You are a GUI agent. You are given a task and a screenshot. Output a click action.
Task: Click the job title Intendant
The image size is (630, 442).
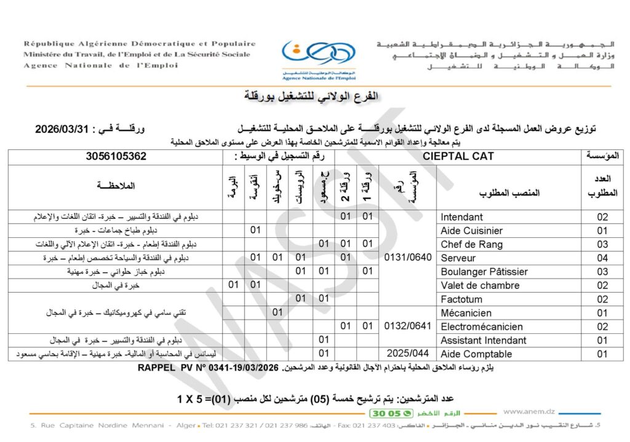pyautogui.click(x=461, y=217)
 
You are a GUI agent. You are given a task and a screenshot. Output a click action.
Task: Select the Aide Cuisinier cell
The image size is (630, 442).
pyautogui.click(x=471, y=231)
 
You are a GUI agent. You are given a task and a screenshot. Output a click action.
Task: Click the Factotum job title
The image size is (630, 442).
pyautogui.click(x=461, y=299)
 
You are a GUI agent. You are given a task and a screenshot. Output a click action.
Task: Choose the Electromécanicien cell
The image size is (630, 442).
pyautogui.click(x=482, y=326)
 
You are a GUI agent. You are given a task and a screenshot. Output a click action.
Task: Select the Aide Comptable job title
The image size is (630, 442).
pyautogui.click(x=476, y=354)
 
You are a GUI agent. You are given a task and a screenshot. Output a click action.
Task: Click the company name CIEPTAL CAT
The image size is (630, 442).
pyautogui.click(x=458, y=157)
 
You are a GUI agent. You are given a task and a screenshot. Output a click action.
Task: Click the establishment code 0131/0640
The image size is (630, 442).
pyautogui.click(x=407, y=258)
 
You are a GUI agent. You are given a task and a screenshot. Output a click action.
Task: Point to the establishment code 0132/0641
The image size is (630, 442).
pyautogui.click(x=407, y=326)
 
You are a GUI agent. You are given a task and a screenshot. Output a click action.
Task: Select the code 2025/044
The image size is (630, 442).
pyautogui.click(x=407, y=354)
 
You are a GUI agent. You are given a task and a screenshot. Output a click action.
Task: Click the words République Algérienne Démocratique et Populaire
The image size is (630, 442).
pyautogui.click(x=140, y=44)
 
